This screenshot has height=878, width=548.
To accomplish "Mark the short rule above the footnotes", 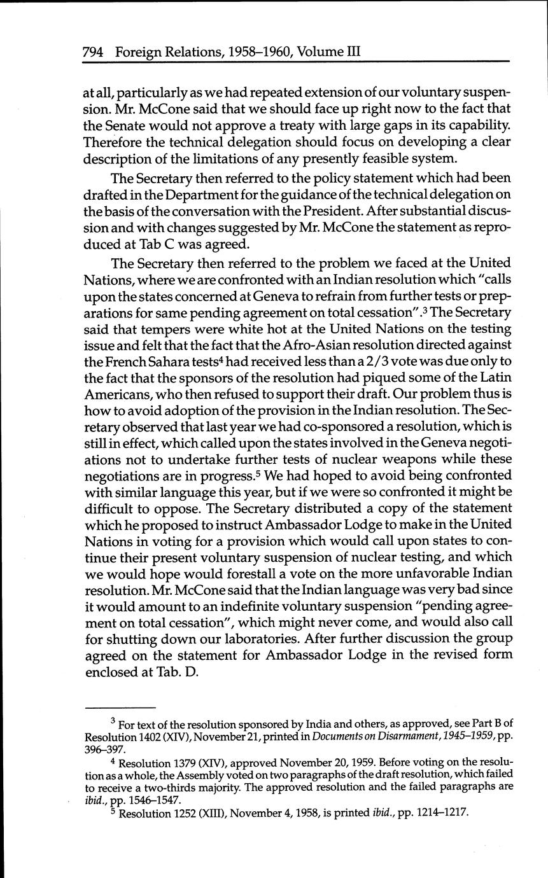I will (120, 707).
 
